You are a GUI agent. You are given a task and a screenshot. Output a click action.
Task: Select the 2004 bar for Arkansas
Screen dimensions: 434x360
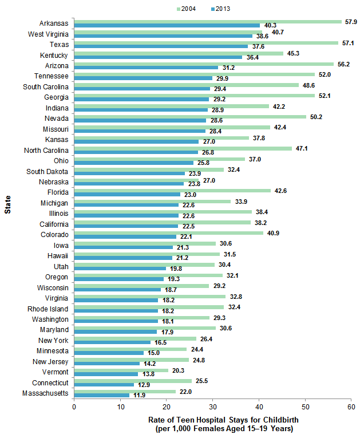(208, 21)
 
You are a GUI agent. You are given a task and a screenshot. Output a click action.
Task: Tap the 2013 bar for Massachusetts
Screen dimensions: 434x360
(102, 395)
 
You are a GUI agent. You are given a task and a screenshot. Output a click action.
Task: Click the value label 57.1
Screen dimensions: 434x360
(348, 42)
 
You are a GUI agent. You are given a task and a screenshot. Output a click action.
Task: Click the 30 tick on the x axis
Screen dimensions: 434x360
(212, 406)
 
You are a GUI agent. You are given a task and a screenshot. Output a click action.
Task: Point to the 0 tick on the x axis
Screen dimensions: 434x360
(74, 406)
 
